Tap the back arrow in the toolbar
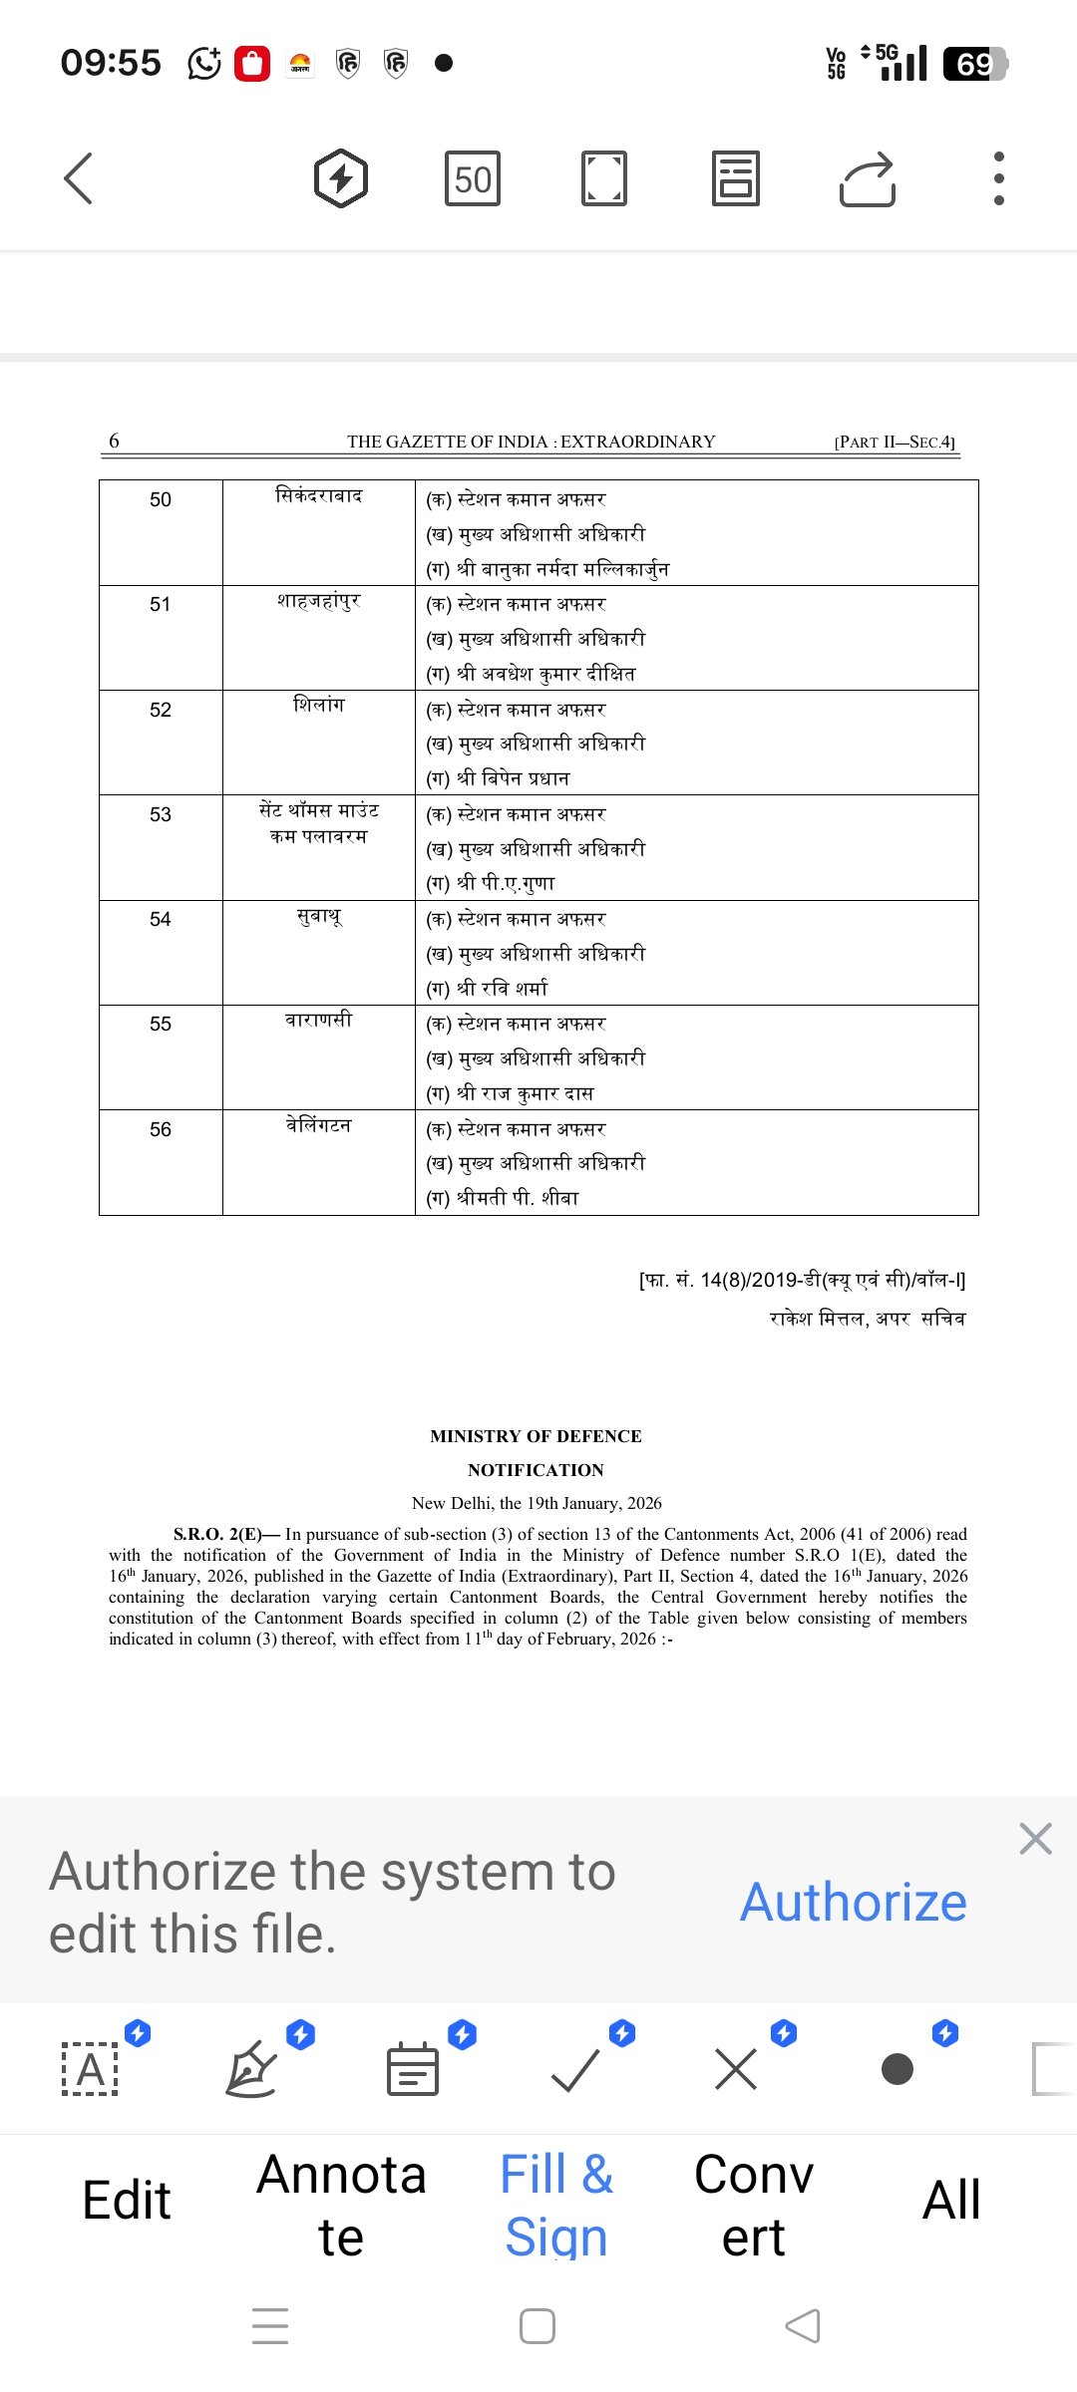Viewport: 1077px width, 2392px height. [78, 178]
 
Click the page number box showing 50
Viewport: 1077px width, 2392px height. [472, 179]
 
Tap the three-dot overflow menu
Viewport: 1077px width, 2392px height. [998, 179]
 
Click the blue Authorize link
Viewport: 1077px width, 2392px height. [853, 1902]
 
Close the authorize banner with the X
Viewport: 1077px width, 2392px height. [1035, 1838]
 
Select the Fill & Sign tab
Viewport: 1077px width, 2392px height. [556, 2205]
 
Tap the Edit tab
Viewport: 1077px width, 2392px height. [127, 2201]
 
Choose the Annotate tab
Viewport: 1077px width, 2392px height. [341, 2205]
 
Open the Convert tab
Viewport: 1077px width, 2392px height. [754, 2205]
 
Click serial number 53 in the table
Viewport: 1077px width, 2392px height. [161, 814]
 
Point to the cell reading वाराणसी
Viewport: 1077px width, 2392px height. [318, 1020]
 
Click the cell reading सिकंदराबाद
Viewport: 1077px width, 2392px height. [318, 495]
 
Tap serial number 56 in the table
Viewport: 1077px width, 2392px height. [161, 1129]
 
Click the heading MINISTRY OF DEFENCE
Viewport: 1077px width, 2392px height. [536, 1436]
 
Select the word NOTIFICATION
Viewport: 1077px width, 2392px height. [536, 1470]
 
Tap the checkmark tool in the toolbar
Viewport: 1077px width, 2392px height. [575, 2069]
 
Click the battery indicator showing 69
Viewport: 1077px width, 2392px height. [974, 64]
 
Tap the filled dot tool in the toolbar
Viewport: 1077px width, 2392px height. [897, 2069]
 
